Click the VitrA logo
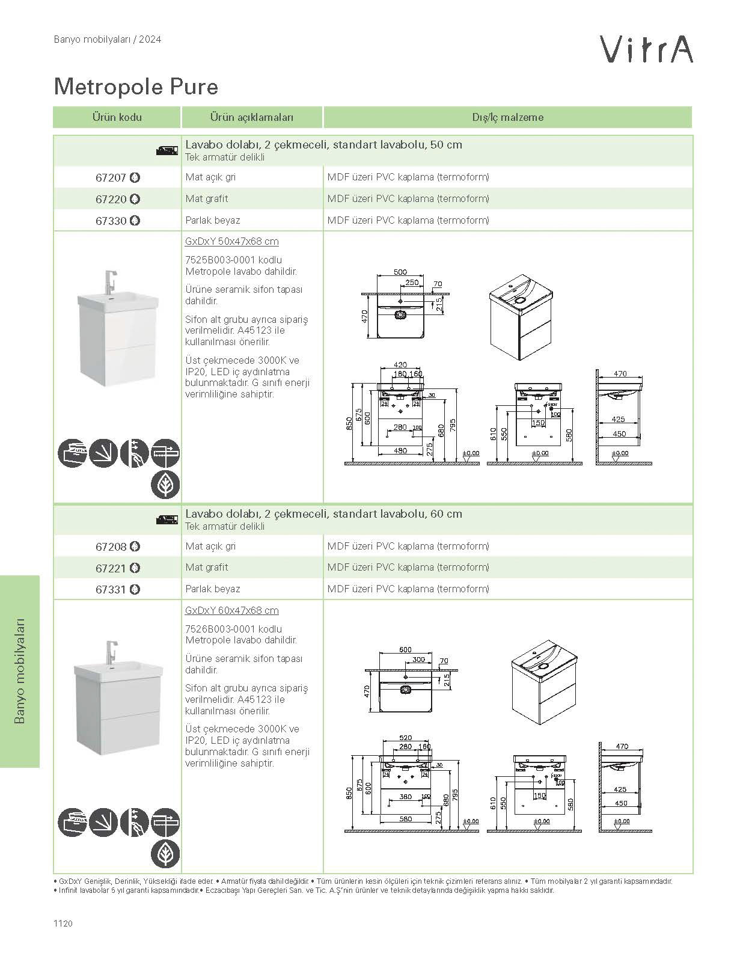pos(647,49)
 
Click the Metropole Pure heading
pos(136,87)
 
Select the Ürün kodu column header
pos(117,117)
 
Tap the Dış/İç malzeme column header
pos(507,117)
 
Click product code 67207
pos(111,178)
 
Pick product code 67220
pos(111,199)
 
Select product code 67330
pos(111,221)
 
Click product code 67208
pos(111,547)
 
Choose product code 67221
pos(111,568)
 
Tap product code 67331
pos(111,590)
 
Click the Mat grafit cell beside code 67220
pos(207,199)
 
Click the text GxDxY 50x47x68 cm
pos(232,242)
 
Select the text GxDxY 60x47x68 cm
pos(232,611)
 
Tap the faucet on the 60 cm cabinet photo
pos(110,651)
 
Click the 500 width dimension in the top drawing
pos(400,272)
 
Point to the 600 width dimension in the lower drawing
pos(406,649)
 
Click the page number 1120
pos(63,924)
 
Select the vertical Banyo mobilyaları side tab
pos(20,671)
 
